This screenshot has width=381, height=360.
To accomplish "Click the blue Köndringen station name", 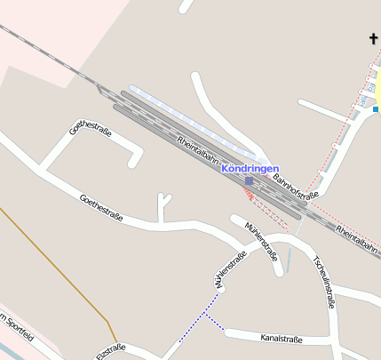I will pyautogui.click(x=250, y=169).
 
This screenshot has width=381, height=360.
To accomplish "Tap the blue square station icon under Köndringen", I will pyautogui.click(x=249, y=180).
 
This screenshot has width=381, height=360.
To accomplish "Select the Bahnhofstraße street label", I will pyautogui.click(x=296, y=186).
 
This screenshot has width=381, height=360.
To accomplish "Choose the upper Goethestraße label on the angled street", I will pyautogui.click(x=90, y=143).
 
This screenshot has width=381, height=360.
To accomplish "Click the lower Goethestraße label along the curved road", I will pyautogui.click(x=100, y=207).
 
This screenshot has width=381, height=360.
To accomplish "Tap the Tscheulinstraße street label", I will pyautogui.click(x=324, y=281).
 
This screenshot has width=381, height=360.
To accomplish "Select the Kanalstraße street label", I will pyautogui.click(x=282, y=339).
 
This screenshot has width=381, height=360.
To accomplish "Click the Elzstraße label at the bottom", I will pyautogui.click(x=111, y=350).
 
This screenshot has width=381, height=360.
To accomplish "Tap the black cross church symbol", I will pyautogui.click(x=375, y=38).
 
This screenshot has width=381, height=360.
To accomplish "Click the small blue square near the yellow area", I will pyautogui.click(x=376, y=109).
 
